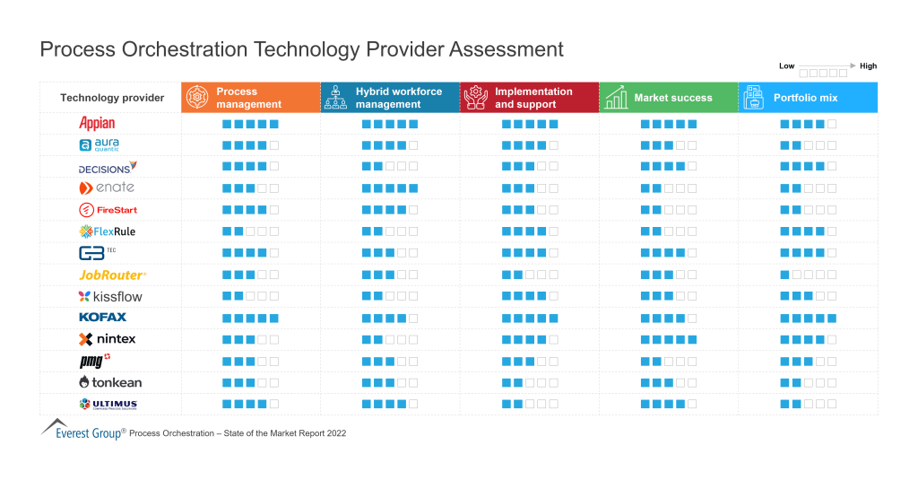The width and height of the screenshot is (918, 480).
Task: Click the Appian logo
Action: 97,123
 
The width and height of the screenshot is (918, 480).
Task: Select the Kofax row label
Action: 103,317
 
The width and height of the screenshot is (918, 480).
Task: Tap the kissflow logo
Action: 110,296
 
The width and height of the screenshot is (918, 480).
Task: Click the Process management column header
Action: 250,98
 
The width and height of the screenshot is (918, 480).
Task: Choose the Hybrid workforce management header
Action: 390,98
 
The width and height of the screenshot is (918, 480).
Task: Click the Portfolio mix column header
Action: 808,98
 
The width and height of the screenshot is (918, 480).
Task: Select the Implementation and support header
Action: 529,98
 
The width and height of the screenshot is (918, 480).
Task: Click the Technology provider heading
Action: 112,98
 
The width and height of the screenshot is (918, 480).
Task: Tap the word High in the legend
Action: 868,66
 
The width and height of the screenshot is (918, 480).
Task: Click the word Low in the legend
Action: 786,66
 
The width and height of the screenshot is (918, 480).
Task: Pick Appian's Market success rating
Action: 668,124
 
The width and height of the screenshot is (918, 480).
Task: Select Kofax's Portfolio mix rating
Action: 808,318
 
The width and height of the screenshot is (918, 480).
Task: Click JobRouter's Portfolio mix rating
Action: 808,275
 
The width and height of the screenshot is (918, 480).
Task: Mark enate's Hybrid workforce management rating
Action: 390,188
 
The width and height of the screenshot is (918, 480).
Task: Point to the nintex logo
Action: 107,339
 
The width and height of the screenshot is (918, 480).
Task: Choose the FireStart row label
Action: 108,210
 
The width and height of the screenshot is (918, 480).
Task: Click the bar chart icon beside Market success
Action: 616,98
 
